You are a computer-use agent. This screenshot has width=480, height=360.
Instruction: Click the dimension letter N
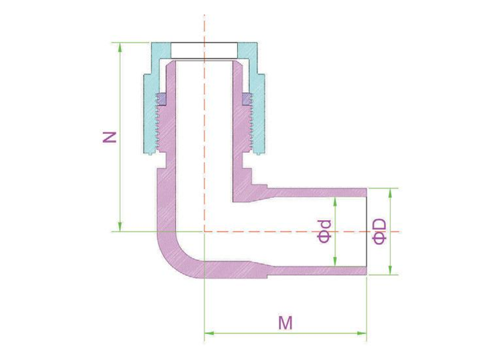point(109,137)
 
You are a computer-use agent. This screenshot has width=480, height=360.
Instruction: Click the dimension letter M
point(286,323)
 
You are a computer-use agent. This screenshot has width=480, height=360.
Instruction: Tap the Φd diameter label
point(325,231)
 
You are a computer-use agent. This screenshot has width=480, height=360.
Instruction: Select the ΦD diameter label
point(380,231)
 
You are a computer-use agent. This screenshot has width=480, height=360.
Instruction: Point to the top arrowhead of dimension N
point(120,47)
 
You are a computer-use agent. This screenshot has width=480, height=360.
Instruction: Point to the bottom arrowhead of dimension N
point(120,227)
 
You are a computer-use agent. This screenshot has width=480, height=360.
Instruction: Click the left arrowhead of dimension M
point(209,333)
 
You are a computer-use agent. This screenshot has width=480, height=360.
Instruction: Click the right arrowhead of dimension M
point(362,333)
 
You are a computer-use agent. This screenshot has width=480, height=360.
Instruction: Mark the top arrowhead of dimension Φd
point(335,202)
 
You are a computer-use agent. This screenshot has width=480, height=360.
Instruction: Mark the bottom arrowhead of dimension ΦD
point(390,271)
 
